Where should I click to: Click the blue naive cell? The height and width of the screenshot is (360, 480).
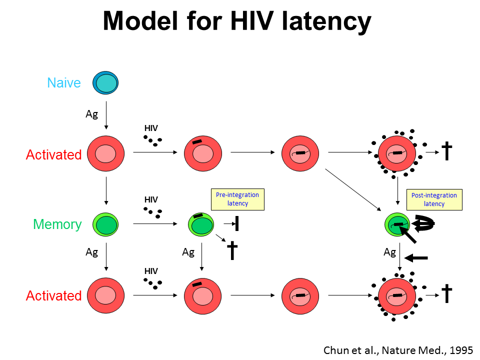[x=105, y=82]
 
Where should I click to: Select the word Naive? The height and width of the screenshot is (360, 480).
[x=64, y=82]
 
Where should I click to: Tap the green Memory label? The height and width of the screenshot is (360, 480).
[x=57, y=224]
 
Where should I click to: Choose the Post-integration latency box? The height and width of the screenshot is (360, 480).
[x=434, y=199]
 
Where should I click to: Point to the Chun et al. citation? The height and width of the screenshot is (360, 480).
[x=397, y=349]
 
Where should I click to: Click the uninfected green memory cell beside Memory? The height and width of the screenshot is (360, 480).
[x=105, y=224]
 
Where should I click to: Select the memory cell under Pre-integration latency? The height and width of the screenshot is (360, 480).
[x=201, y=224]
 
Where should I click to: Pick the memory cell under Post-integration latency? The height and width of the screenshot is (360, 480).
[x=397, y=224]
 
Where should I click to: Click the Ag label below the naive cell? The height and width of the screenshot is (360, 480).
[x=91, y=114]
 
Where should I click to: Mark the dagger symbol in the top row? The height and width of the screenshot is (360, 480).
[x=447, y=150]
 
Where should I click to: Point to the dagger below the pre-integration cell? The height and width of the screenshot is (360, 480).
[x=232, y=250]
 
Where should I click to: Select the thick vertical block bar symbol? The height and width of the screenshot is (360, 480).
[x=236, y=223]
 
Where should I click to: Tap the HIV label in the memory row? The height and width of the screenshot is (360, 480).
[x=151, y=199]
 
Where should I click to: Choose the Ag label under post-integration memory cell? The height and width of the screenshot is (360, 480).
[x=389, y=252]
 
